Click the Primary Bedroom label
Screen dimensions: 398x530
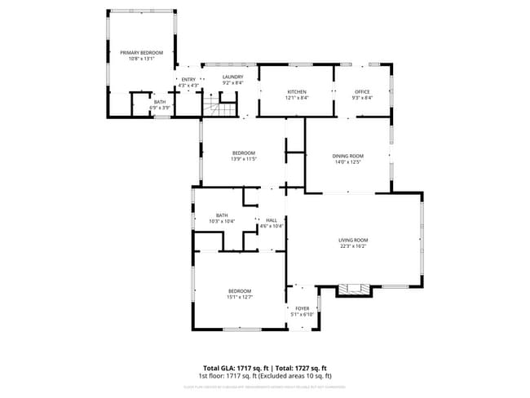click(x=142, y=53)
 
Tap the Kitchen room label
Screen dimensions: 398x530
click(x=295, y=91)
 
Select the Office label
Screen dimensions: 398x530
click(x=363, y=91)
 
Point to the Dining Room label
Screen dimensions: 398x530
click(x=347, y=156)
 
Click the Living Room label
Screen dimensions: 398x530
click(x=353, y=240)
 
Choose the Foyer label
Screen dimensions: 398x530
click(x=303, y=308)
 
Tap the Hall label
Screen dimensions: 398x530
click(x=271, y=220)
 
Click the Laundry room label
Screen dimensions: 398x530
click(x=233, y=77)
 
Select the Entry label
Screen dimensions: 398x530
click(x=188, y=79)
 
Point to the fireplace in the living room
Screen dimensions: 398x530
click(x=354, y=288)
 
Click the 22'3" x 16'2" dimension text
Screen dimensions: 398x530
click(x=353, y=246)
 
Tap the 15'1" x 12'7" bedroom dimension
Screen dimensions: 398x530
click(x=239, y=298)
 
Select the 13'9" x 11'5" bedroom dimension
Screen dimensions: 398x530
click(x=244, y=160)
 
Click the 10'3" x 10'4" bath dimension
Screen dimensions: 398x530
click(x=222, y=222)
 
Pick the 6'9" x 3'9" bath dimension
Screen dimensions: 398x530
click(x=160, y=108)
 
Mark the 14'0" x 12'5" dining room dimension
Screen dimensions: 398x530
click(x=347, y=162)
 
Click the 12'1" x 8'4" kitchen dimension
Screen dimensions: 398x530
click(x=295, y=98)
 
